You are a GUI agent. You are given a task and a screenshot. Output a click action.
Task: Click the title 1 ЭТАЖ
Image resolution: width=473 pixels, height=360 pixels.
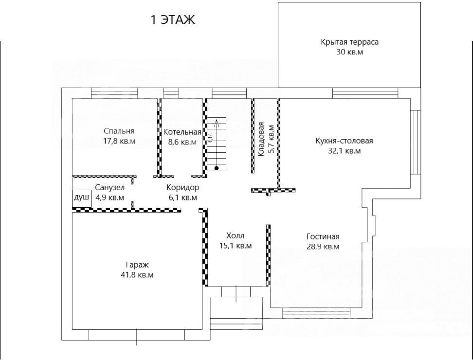[173, 20]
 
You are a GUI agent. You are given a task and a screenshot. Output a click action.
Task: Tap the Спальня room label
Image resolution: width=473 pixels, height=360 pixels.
[119, 131]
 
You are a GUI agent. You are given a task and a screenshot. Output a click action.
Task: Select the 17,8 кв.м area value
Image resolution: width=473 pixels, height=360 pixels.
[119, 141]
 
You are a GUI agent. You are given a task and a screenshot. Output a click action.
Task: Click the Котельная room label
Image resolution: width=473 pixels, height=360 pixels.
[182, 132]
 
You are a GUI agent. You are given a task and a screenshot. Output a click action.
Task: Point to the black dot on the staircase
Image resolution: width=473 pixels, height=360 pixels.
[216, 168]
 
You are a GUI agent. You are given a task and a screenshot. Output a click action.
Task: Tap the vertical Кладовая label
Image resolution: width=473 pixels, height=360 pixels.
[261, 139]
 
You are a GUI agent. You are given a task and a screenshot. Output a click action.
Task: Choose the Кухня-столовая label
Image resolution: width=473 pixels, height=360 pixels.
[344, 141]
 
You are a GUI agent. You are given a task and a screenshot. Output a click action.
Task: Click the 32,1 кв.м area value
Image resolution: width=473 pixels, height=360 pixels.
[344, 151]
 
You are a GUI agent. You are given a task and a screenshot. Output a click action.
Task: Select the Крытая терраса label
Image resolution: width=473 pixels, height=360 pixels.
[349, 42]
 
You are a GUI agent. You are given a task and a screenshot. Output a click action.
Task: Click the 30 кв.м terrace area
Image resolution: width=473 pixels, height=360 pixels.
[349, 52]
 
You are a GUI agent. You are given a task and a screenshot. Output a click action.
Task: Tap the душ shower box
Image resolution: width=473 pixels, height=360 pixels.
[81, 198]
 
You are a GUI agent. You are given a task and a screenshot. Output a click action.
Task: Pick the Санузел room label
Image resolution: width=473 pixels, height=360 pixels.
[110, 187]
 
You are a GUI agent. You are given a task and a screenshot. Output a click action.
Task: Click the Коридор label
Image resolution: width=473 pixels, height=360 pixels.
[183, 187]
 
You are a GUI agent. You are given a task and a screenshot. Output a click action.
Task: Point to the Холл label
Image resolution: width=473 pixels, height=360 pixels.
[236, 235]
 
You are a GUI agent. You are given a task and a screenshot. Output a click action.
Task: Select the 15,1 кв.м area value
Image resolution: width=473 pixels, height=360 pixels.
[236, 246]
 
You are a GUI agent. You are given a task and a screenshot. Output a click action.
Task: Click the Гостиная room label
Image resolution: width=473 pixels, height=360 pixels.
[323, 236]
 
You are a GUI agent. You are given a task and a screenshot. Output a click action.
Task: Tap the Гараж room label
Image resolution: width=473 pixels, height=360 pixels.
[137, 265]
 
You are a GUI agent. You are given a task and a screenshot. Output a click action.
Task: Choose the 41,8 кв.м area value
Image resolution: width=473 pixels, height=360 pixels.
[137, 275]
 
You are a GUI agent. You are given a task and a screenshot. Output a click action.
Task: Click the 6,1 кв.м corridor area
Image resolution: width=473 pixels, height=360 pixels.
[183, 198]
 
